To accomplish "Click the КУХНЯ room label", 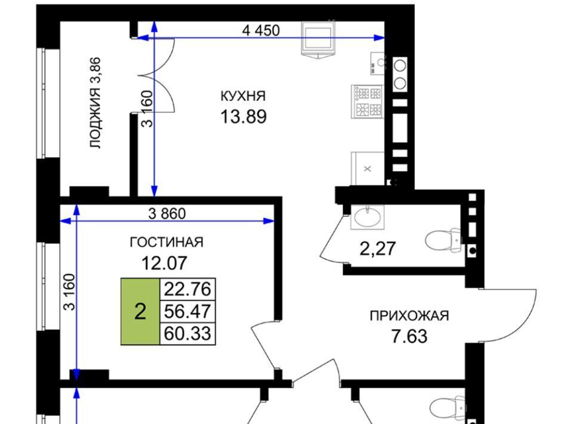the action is [243, 96].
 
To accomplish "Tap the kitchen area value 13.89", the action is [244, 117].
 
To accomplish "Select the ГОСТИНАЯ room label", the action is [167, 242].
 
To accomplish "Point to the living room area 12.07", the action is [164, 263].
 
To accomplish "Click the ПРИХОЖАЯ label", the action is [409, 316].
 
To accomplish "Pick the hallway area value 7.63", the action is [409, 336].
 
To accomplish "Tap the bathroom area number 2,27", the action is [378, 249].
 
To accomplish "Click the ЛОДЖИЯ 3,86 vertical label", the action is [95, 103].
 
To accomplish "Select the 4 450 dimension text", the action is [261, 30].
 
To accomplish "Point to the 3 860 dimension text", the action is [167, 213].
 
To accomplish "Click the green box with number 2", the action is [140, 312].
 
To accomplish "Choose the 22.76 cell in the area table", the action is [187, 289].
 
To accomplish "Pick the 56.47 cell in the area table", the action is [187, 311].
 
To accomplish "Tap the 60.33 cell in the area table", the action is [187, 333].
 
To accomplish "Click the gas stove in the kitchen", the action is [367, 102].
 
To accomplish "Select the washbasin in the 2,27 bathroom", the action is [367, 217].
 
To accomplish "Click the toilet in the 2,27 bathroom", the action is [443, 241].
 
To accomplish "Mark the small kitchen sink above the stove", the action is [378, 63].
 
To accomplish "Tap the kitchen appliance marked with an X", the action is [368, 168].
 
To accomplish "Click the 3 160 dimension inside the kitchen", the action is [147, 109].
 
